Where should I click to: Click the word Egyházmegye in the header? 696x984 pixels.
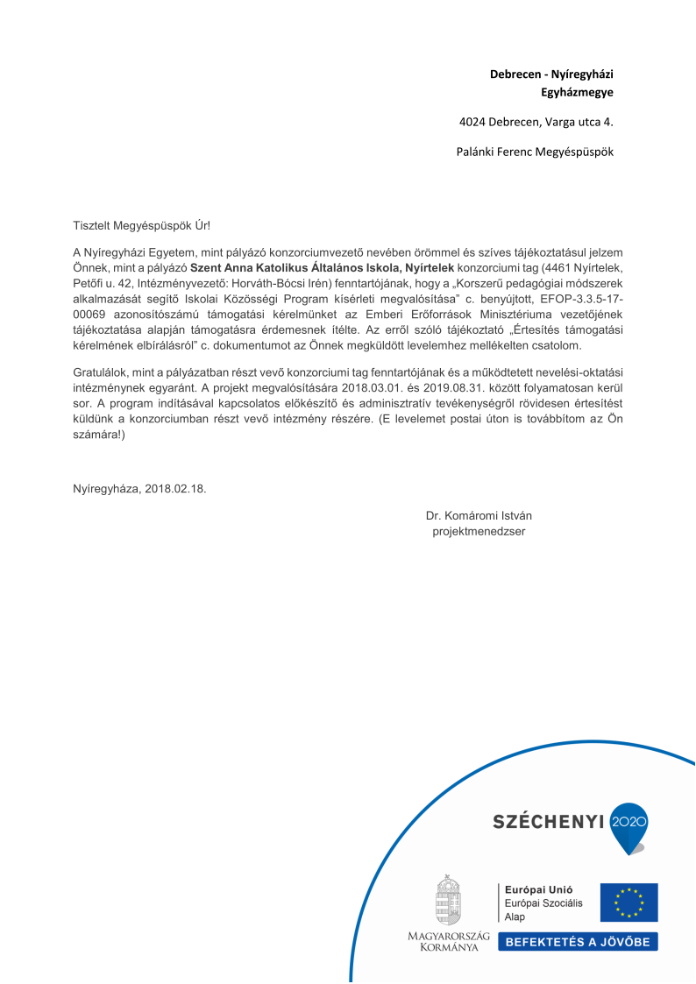(x=576, y=91)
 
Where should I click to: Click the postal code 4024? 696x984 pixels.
(x=474, y=122)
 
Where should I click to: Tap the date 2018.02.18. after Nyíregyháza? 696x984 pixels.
(x=175, y=488)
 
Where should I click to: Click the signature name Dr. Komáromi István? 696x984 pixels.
(x=479, y=515)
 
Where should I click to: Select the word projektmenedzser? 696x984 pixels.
(x=479, y=531)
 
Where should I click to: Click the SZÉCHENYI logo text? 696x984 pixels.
(x=549, y=822)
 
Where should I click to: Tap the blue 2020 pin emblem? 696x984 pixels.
(x=628, y=825)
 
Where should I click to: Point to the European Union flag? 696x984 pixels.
(x=629, y=902)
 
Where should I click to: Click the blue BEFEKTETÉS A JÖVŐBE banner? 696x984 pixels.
(x=578, y=942)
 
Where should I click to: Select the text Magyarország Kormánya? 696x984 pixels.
(x=449, y=942)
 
